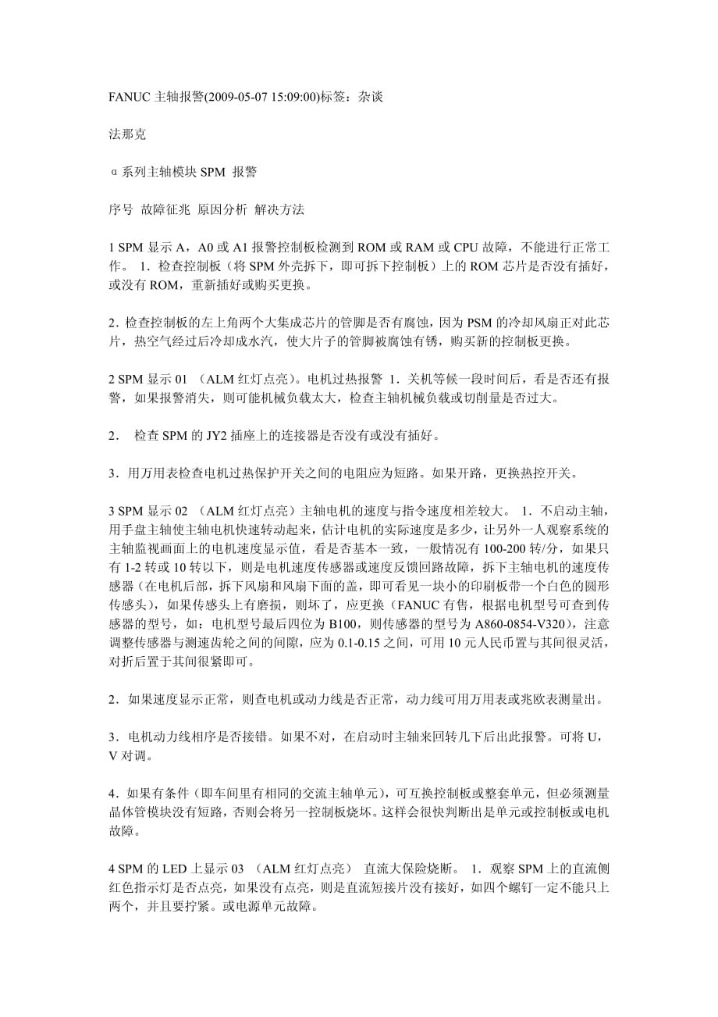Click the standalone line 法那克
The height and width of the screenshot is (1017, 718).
point(126,134)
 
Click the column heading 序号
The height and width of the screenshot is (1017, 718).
point(120,210)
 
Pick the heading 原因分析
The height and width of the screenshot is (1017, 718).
point(222,210)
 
